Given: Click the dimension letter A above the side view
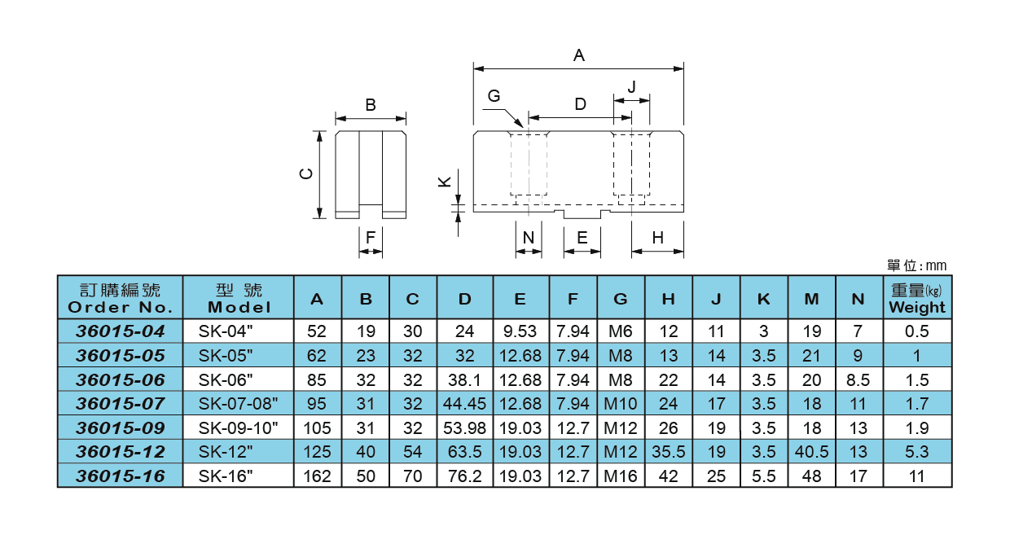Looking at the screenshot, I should click(x=579, y=55).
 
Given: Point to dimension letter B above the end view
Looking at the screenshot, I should click(x=370, y=105).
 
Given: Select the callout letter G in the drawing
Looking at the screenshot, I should click(x=494, y=96).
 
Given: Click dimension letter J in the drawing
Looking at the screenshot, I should click(x=631, y=87).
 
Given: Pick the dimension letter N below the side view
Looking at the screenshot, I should click(x=529, y=238).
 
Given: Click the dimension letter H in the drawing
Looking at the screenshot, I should click(x=657, y=238).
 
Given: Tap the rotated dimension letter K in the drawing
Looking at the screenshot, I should click(x=445, y=182).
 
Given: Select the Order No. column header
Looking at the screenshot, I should click(x=121, y=298).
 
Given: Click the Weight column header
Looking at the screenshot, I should click(x=917, y=298).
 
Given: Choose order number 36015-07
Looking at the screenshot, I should click(x=121, y=403).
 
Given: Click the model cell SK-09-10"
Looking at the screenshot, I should click(x=239, y=428).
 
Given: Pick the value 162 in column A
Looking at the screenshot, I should click(x=317, y=476).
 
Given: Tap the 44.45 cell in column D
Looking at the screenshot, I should click(x=464, y=403).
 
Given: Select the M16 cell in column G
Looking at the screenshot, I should click(x=621, y=476).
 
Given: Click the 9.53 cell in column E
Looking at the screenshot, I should click(x=520, y=331).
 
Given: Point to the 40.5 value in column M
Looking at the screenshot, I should click(x=811, y=452).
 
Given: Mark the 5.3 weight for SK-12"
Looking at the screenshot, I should click(x=917, y=452).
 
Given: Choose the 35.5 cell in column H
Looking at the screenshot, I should click(x=668, y=452).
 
